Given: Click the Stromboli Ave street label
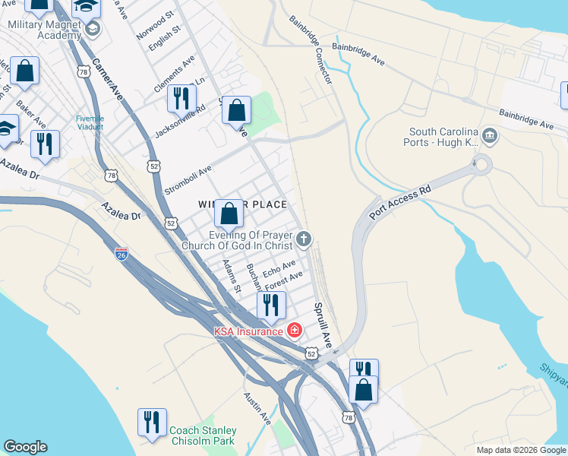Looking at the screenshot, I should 188,182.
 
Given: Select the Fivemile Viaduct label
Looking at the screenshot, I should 93,122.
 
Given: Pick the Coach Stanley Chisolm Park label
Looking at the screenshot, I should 203,435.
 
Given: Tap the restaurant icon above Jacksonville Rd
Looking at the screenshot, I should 181,98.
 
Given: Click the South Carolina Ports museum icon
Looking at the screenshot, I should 490,138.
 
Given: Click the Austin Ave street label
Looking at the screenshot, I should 257,408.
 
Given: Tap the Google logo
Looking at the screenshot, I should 25,447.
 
